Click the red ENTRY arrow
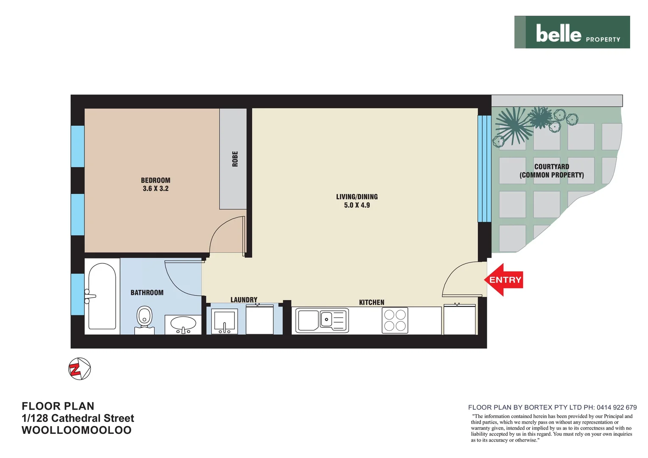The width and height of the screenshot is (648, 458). [503, 280]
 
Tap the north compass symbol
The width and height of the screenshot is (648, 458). [80, 369]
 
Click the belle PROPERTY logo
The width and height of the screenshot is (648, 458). [572, 33]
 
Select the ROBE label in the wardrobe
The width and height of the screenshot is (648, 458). [235, 159]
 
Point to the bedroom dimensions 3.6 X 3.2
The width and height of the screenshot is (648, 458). [156, 189]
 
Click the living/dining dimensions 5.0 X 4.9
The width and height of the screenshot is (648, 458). [357, 205]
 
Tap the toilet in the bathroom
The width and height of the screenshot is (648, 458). [144, 318]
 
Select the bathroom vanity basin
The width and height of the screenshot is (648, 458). [183, 324]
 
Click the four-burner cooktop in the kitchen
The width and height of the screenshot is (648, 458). [395, 320]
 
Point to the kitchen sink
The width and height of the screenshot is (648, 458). [322, 320]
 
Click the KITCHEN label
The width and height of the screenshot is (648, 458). [371, 302]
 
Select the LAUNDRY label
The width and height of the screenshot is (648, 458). [244, 300]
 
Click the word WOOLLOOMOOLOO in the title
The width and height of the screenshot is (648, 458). [76, 430]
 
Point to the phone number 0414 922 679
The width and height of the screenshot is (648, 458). [617, 408]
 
